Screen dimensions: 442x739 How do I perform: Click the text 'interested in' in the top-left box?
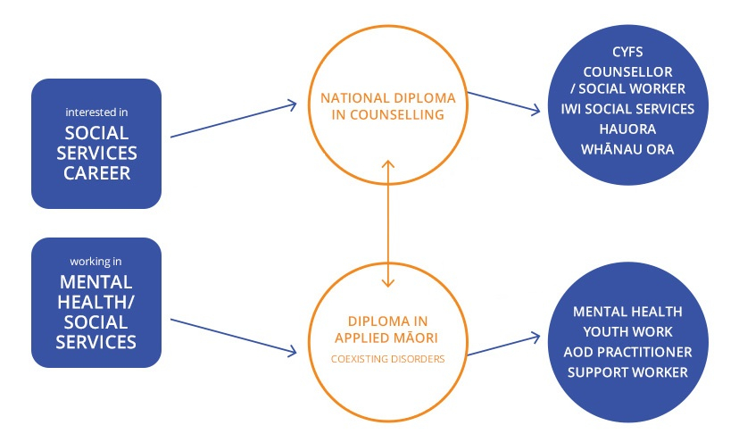point(96,113)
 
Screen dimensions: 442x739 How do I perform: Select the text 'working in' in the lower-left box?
point(96,262)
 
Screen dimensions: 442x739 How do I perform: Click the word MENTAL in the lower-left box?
point(96,283)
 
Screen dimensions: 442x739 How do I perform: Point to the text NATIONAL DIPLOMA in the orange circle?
point(387,98)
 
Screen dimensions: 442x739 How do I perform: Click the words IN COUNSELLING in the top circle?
point(387,115)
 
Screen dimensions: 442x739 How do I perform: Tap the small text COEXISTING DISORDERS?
point(387,360)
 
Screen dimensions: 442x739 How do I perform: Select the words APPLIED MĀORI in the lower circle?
point(387,339)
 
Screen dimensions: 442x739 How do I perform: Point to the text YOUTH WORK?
point(628,331)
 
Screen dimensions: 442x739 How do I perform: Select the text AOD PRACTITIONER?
point(628,351)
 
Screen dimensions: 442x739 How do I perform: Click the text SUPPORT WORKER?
point(628,371)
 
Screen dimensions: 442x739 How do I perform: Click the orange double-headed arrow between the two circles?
point(387,223)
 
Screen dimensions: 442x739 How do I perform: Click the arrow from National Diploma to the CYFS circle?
point(504,101)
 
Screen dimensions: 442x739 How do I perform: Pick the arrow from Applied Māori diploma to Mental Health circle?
point(504,346)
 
